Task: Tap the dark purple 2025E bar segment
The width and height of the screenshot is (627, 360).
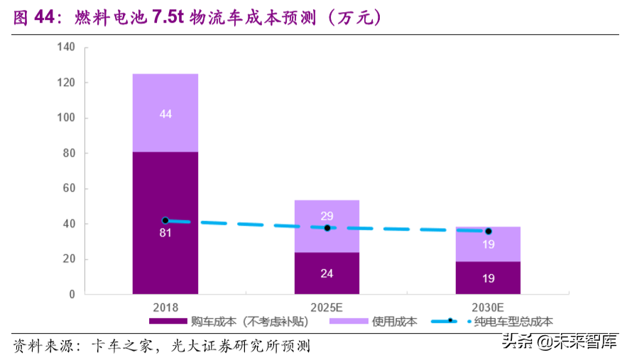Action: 327,273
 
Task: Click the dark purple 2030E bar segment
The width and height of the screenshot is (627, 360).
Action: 488,278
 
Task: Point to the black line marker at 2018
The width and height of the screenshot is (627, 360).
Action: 165,221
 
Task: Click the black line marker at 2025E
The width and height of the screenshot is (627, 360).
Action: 327,228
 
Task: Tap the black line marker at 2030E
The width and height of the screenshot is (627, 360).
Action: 488,231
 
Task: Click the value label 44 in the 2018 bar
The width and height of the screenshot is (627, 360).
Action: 165,114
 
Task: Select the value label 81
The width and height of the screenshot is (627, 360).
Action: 165,232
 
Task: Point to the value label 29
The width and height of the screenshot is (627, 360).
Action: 327,216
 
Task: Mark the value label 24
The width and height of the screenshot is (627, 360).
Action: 327,273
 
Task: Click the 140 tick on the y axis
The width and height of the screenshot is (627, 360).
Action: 65,48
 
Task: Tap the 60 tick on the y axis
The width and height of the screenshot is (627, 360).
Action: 68,189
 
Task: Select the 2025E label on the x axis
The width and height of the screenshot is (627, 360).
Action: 327,307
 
